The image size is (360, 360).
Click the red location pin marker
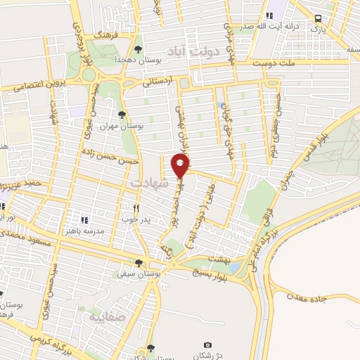point(181,167)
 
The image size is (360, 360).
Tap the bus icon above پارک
point(320,18)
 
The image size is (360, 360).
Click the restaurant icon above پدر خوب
point(137,208)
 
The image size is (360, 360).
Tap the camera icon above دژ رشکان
point(207,345)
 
